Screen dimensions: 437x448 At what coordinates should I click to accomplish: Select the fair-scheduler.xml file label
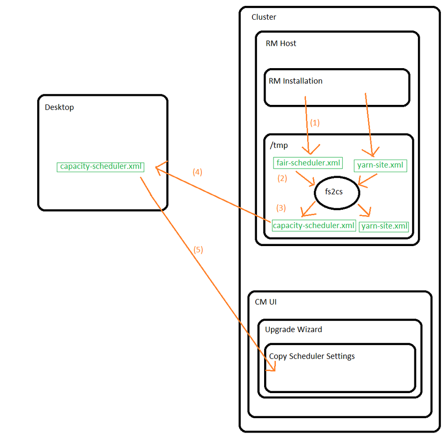(x=308, y=163)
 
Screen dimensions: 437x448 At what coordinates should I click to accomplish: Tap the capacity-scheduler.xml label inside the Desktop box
(x=101, y=167)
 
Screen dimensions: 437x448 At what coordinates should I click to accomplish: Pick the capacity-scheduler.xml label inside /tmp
(x=313, y=225)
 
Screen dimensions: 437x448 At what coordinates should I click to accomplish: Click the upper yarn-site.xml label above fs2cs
(x=380, y=165)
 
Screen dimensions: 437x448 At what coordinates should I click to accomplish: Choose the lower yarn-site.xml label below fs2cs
(x=384, y=226)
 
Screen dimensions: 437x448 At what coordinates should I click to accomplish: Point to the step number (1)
(x=315, y=122)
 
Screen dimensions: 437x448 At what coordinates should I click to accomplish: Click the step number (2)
(x=282, y=178)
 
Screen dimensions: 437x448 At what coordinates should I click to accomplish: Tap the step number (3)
(x=281, y=208)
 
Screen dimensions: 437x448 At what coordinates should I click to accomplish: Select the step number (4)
(x=197, y=172)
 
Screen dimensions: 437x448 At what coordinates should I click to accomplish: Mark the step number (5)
(x=198, y=250)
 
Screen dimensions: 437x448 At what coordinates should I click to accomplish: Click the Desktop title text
(x=59, y=108)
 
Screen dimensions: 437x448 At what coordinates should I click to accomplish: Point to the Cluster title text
(x=264, y=17)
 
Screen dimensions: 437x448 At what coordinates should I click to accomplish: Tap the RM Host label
(x=281, y=43)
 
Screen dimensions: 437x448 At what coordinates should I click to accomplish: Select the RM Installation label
(x=295, y=81)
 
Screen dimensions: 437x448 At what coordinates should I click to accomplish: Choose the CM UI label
(x=265, y=302)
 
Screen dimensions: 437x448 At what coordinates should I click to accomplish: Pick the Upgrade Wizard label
(x=293, y=329)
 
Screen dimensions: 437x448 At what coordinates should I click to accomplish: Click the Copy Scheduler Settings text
(x=312, y=356)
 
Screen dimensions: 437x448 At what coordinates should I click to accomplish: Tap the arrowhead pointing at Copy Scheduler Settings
(x=270, y=369)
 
